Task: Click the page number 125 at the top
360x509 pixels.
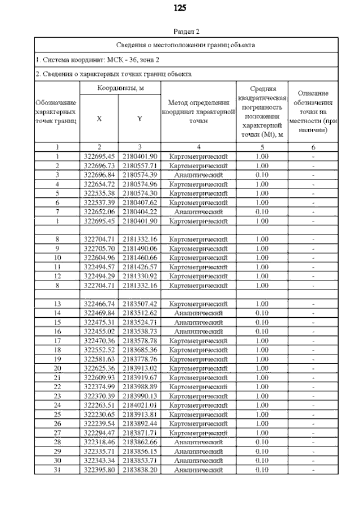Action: point(180,8)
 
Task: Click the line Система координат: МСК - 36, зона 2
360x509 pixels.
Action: point(98,58)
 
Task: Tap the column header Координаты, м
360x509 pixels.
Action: point(120,88)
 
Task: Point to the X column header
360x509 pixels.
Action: point(99,119)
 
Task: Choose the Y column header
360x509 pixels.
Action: point(139,119)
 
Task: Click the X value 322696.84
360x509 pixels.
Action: point(99,175)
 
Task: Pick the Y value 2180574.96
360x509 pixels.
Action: point(139,184)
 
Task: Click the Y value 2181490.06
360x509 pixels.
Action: point(139,248)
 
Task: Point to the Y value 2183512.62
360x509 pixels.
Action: point(139,312)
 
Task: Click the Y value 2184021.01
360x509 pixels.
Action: point(139,404)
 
